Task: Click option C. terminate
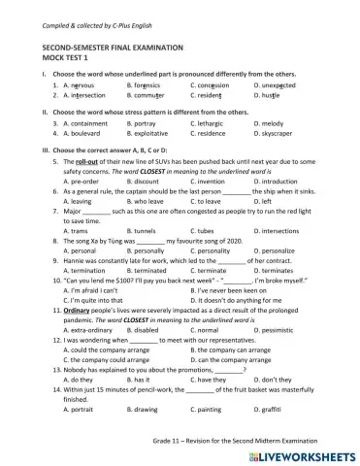click(x=213, y=271)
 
